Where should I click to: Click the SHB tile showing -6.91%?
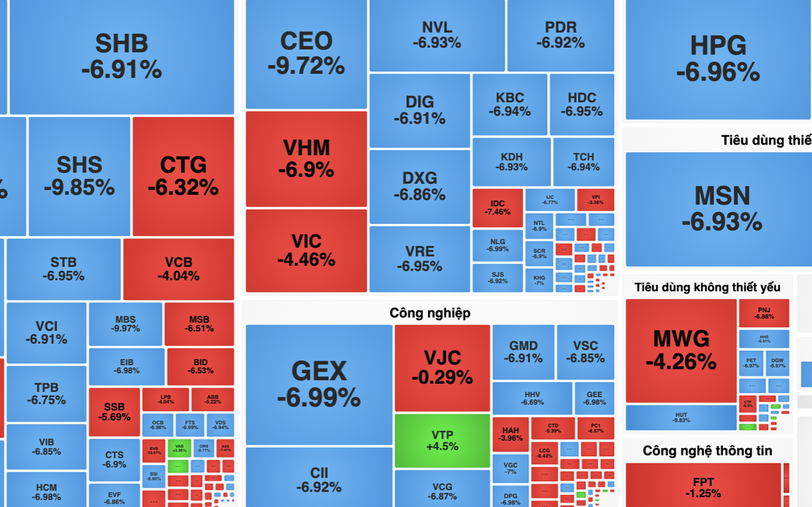(122, 56)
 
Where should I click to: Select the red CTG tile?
(183, 176)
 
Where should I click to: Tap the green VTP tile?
(442, 440)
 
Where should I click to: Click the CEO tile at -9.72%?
(306, 53)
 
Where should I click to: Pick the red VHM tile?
(306, 158)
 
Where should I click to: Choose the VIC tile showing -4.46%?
(306, 250)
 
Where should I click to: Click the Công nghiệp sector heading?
(430, 313)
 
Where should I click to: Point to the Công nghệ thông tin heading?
(707, 451)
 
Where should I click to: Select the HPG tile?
(718, 59)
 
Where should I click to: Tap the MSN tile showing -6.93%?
(721, 208)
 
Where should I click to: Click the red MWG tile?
(681, 350)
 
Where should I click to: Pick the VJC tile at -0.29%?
(442, 367)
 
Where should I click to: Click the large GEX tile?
(319, 383)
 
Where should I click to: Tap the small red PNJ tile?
(764, 313)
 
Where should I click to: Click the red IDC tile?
(497, 208)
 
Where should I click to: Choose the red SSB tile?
(114, 412)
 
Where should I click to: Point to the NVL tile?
(436, 35)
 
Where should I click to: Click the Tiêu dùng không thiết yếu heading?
(707, 287)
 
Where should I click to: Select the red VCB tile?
(178, 268)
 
